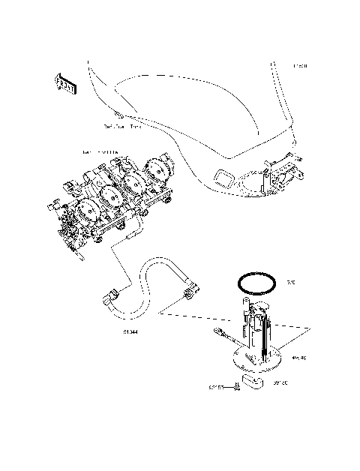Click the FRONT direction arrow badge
[65, 84]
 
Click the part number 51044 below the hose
[130, 330]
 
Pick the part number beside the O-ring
[291, 283]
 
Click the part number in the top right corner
[300, 66]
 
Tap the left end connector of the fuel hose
[108, 301]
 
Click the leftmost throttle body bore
[84, 217]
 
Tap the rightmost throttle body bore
[160, 169]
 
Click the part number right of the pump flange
[298, 358]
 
